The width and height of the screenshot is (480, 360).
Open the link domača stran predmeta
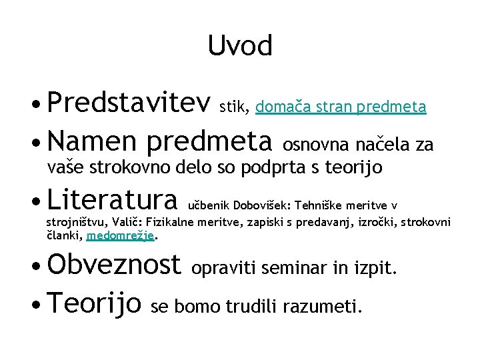click(x=341, y=106)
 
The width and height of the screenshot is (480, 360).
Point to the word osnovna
click(x=316, y=143)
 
